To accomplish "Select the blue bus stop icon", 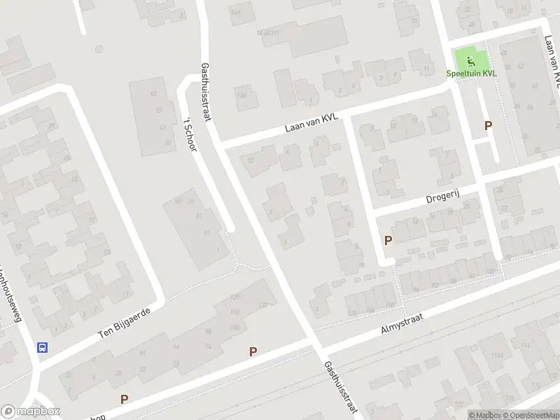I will (x=43, y=346).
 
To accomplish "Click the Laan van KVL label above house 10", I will (x=311, y=123).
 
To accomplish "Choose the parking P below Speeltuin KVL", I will (x=489, y=125).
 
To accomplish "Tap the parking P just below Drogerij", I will (x=388, y=240).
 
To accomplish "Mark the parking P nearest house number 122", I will (x=253, y=351).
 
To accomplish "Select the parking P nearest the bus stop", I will (x=124, y=400).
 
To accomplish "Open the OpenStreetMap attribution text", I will (x=530, y=415).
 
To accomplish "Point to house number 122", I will (x=263, y=305).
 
